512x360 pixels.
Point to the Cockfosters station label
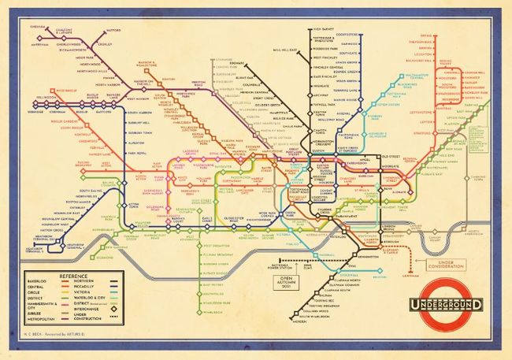[347, 34]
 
